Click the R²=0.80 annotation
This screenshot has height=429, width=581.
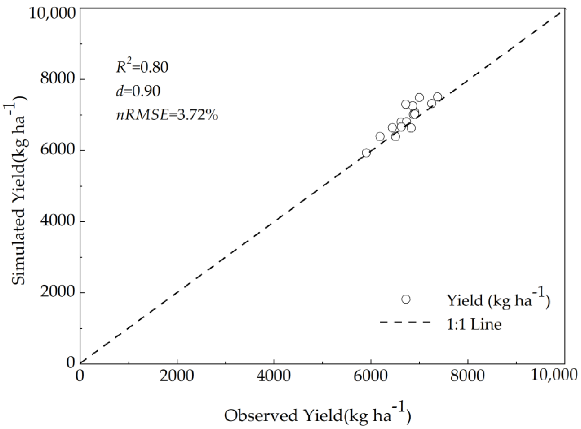tap(142, 67)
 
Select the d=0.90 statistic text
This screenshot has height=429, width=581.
tap(138, 91)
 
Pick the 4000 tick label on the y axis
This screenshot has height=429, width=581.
tap(57, 221)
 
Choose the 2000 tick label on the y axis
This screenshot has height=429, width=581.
tap(57, 292)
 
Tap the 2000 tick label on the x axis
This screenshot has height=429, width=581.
tap(177, 376)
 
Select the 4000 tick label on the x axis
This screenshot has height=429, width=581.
tap(274, 376)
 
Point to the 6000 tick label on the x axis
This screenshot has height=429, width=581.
tap(370, 376)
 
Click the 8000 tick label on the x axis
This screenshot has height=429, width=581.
tap(467, 376)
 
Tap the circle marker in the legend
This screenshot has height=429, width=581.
tap(406, 299)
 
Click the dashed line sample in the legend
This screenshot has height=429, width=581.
tap(405, 323)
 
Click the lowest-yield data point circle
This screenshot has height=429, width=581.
tap(366, 153)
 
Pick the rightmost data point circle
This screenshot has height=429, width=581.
tap(438, 97)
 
